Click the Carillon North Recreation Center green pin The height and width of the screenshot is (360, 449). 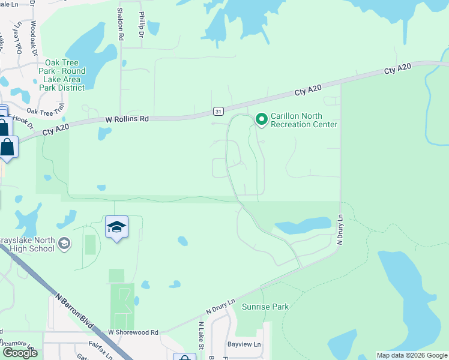pyautogui.click(x=262, y=119)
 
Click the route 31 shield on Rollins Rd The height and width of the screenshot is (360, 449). pyautogui.click(x=218, y=111)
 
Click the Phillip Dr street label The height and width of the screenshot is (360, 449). pyautogui.click(x=142, y=25)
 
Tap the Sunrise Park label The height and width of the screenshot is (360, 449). pyautogui.click(x=265, y=307)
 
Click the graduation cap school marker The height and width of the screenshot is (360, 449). pyautogui.click(x=116, y=227)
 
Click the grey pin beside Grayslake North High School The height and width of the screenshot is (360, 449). pyautogui.click(x=65, y=244)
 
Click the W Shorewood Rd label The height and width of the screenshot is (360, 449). pyautogui.click(x=133, y=332)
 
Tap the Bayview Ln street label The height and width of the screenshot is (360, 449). pyautogui.click(x=244, y=344)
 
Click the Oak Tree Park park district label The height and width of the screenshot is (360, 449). pyautogui.click(x=62, y=75)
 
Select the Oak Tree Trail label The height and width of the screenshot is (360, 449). pyautogui.click(x=45, y=111)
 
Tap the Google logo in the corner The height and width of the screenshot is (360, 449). pyautogui.click(x=20, y=353)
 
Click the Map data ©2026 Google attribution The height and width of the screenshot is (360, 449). pyautogui.click(x=412, y=355)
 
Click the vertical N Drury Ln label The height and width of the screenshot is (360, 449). pyautogui.click(x=339, y=230)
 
